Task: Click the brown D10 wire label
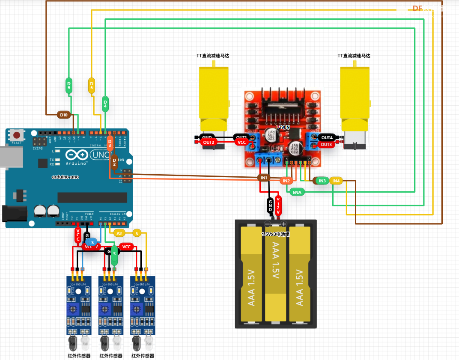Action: [64, 115]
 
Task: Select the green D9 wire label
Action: [69, 85]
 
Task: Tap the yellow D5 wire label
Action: [92, 85]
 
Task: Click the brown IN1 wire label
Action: [264, 177]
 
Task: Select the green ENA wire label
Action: [297, 192]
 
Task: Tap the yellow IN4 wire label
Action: [336, 181]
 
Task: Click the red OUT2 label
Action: [209, 142]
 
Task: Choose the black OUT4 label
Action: [327, 137]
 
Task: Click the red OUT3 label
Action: [326, 145]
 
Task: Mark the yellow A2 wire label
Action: [119, 233]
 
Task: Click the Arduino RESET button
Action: [16, 135]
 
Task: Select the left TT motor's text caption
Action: [213, 56]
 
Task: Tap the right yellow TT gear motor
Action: [354, 98]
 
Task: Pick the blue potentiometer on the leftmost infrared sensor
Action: [73, 309]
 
